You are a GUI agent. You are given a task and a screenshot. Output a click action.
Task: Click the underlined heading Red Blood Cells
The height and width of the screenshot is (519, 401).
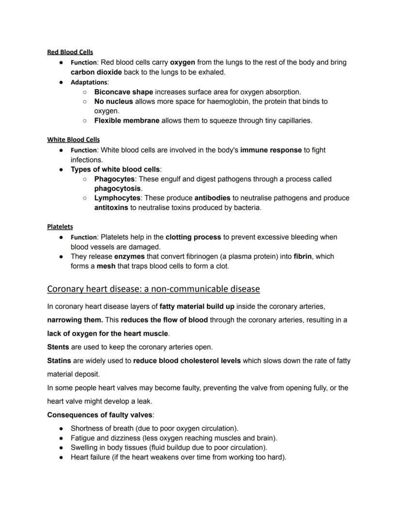[70, 52]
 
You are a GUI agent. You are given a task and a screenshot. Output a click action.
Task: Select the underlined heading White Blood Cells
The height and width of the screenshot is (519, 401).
[73, 140]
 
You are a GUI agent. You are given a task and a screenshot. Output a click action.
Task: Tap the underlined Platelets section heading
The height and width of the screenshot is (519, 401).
[60, 226]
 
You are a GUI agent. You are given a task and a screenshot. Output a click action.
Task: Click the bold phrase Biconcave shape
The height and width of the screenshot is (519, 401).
[123, 92]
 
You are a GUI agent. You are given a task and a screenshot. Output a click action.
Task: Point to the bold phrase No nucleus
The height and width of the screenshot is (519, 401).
[113, 101]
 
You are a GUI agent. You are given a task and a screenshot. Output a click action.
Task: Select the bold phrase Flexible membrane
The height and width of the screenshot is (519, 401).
[126, 120]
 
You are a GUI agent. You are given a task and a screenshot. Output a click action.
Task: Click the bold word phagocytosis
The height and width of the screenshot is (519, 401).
[117, 188]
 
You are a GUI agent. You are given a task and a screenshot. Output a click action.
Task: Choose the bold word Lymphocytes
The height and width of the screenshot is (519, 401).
[117, 198]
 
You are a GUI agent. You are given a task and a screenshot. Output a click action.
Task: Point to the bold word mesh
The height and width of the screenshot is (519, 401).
[106, 266]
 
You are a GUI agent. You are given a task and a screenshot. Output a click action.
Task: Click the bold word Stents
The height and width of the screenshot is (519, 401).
[58, 347]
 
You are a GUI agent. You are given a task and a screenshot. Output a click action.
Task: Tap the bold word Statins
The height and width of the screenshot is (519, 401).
[59, 361]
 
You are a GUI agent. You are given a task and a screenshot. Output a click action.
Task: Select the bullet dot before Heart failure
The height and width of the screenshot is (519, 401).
[61, 457]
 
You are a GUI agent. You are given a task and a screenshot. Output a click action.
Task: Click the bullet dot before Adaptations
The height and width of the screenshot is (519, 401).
[61, 82]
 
